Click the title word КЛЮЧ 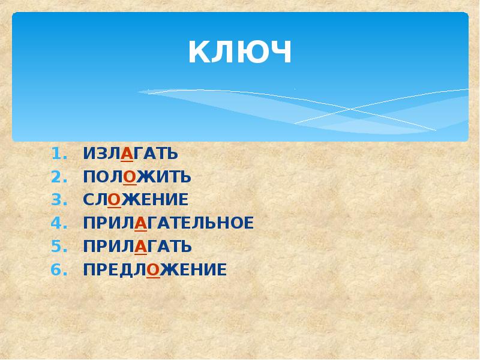(240, 52)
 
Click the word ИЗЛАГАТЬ (131, 154)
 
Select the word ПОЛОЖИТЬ (137, 177)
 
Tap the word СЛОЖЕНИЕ (136, 200)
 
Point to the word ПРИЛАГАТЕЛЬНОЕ (169, 223)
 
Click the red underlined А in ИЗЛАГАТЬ (127, 154)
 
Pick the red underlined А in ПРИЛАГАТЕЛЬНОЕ (141, 223)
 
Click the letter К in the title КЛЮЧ (199, 52)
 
